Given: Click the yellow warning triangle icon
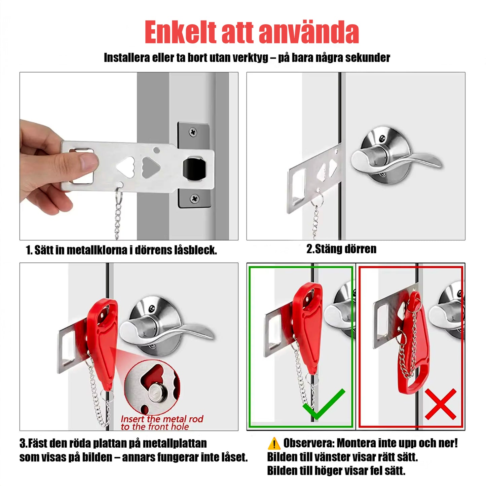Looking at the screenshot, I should click(x=274, y=444).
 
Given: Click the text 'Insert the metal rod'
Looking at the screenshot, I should click(x=162, y=419).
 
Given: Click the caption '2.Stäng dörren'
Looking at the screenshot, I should click(x=341, y=249).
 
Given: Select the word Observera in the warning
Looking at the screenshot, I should click(x=308, y=443).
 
